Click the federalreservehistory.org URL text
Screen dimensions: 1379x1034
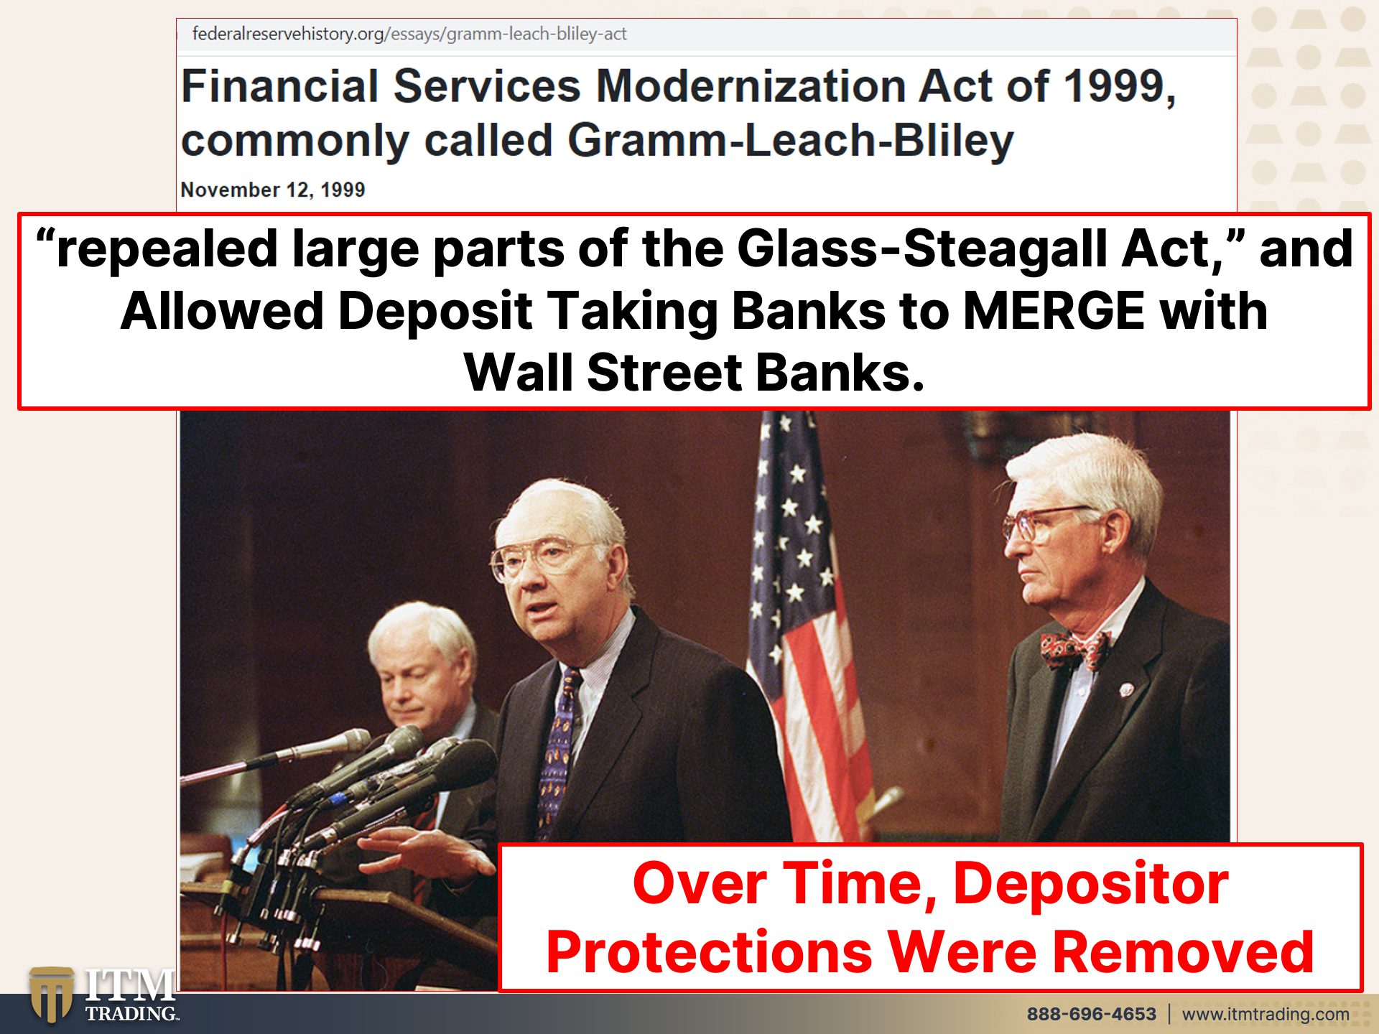pos(409,34)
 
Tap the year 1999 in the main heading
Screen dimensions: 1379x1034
pos(1118,86)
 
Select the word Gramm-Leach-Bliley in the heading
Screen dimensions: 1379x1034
pos(791,140)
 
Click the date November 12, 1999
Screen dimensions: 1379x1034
pos(273,190)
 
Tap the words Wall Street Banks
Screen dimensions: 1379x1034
pos(694,373)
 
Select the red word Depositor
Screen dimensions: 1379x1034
pos(1091,884)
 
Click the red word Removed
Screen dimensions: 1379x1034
pos(1183,952)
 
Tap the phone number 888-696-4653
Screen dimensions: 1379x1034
pos(1091,1014)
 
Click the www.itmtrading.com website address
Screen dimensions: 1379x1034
pos(1266,1014)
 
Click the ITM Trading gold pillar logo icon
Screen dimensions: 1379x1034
pos(51,995)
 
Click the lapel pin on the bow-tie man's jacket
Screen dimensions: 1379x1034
pos(1126,690)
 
